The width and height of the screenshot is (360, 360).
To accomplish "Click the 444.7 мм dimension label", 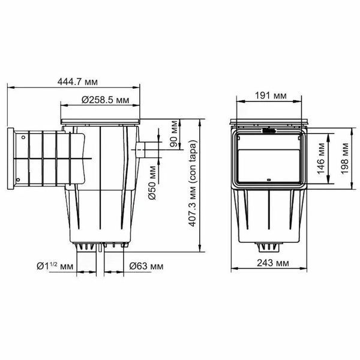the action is point(77,82).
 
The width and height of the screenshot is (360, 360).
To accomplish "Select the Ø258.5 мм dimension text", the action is point(106,100).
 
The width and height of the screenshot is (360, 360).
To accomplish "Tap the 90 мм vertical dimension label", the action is point(174,133).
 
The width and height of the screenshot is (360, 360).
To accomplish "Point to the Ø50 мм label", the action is point(152,183).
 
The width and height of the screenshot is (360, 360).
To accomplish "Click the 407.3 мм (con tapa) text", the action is point(193,183).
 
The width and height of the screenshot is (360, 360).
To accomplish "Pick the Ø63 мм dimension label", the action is point(146,266).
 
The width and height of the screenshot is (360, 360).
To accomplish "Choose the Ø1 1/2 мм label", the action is point(55,266).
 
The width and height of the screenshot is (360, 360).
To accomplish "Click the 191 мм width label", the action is point(271,95).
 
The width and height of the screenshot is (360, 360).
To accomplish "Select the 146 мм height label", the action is point(321,158).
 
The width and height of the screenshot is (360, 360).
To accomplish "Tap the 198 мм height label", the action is point(344,158).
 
